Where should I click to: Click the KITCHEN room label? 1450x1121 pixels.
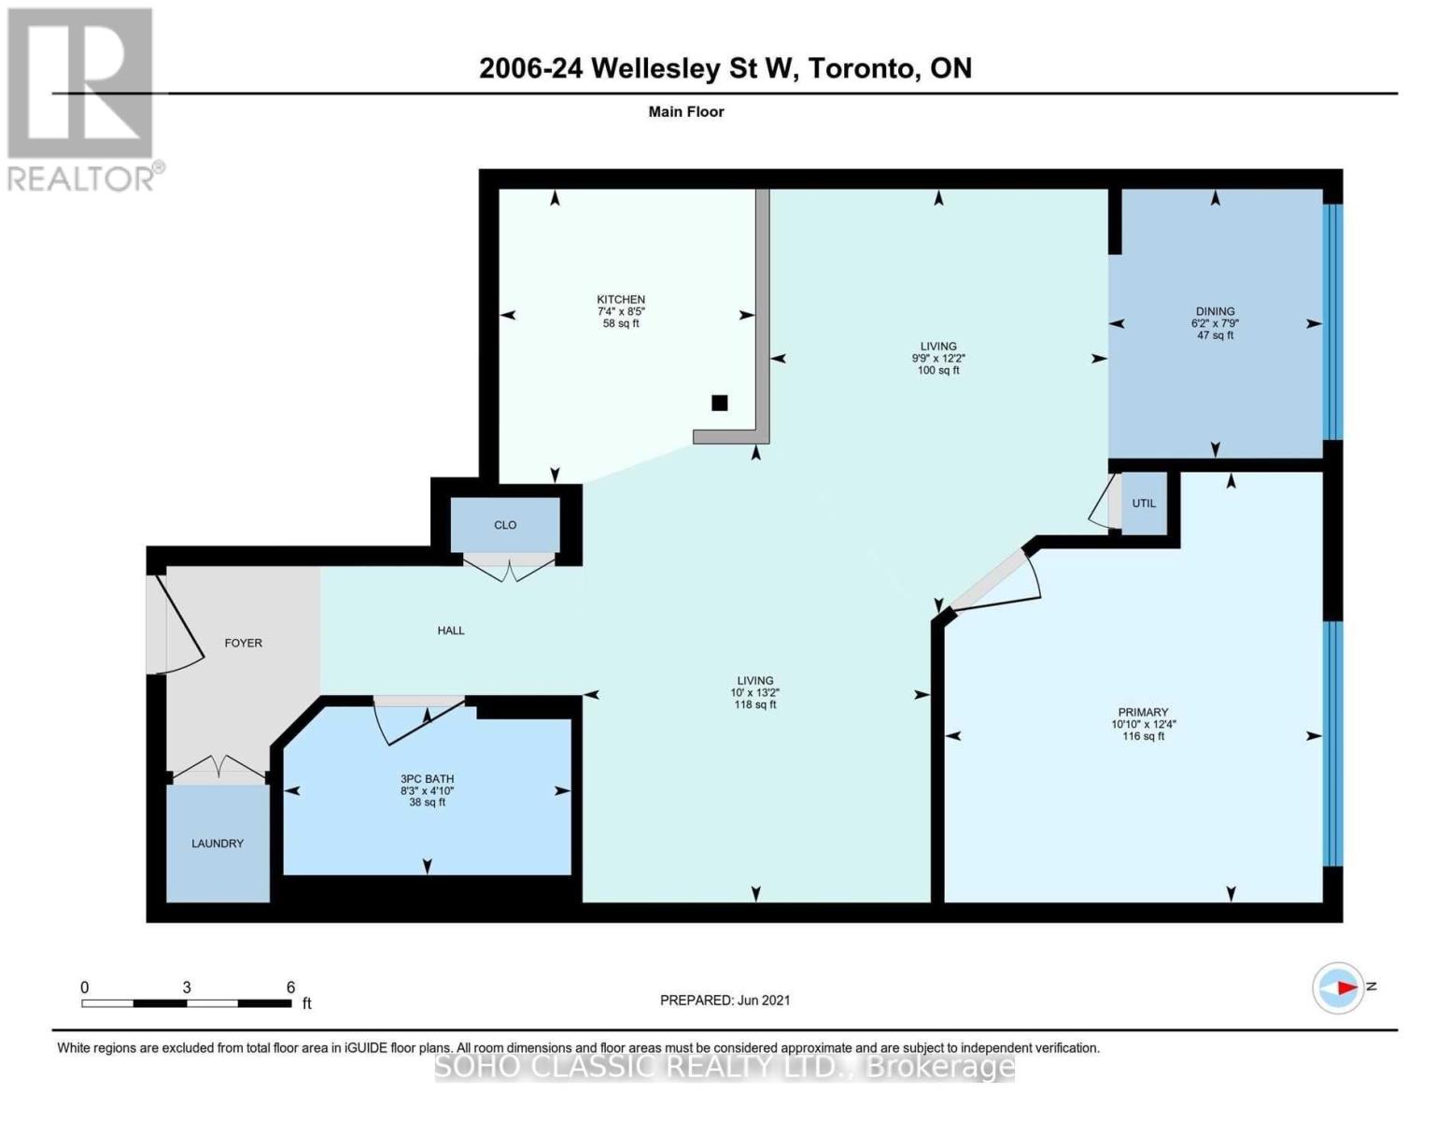click(x=621, y=299)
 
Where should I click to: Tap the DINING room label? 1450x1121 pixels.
click(x=1215, y=311)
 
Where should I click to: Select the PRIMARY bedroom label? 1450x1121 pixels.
click(x=1143, y=712)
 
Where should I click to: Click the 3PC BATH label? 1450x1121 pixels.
click(x=427, y=778)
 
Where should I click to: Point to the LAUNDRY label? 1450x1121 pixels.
click(x=218, y=844)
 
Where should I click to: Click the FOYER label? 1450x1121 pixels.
click(x=243, y=643)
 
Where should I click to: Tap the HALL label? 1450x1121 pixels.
click(x=451, y=631)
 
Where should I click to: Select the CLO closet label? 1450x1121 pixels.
click(x=505, y=525)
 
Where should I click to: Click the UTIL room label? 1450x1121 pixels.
click(x=1144, y=503)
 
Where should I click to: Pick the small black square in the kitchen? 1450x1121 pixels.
click(x=719, y=403)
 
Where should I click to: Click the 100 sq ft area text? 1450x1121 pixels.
click(x=938, y=371)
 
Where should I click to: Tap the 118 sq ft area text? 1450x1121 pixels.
click(x=754, y=705)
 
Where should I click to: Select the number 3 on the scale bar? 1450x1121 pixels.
click(x=187, y=987)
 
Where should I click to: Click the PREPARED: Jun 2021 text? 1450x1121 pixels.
click(x=725, y=1000)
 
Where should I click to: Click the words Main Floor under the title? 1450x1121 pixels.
click(x=686, y=111)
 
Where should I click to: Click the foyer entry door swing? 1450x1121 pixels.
click(x=180, y=624)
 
